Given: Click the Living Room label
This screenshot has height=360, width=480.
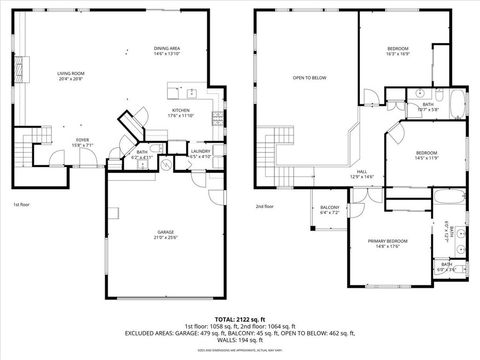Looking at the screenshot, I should [69, 73].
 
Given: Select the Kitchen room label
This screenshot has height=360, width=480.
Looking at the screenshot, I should [180, 112].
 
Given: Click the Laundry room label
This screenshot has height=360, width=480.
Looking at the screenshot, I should [199, 152].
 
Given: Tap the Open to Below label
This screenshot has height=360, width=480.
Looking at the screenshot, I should [310, 77].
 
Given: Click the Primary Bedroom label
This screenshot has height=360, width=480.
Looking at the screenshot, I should [388, 242].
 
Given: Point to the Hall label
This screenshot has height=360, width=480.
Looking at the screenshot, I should [360, 172].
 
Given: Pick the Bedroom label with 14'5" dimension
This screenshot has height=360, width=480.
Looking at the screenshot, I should [427, 154].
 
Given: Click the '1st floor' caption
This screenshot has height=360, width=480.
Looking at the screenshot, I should [21, 205].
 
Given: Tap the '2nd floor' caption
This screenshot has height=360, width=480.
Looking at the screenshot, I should [265, 206].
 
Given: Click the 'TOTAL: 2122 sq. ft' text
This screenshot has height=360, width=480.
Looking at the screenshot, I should [239, 317].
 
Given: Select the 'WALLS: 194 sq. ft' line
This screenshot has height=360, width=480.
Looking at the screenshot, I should [239, 341].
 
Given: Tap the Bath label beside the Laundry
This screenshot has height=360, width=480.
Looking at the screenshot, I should [142, 152].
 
